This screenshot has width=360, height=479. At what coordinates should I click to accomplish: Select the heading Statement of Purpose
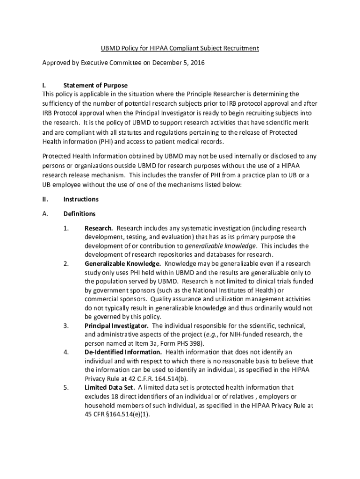click(x=95, y=85)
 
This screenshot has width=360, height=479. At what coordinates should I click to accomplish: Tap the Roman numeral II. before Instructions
click(x=45, y=199)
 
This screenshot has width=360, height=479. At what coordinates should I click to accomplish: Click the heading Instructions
click(x=81, y=199)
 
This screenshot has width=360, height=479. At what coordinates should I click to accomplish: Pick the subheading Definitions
click(x=79, y=214)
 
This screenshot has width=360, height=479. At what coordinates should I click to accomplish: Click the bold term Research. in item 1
click(x=99, y=228)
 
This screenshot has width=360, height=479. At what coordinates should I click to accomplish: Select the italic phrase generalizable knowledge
click(x=221, y=246)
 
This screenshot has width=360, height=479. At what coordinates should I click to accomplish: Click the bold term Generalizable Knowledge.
click(x=122, y=263)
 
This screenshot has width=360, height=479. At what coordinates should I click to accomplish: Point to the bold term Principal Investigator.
click(x=117, y=326)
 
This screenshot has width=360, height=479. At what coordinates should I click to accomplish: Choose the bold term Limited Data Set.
click(x=110, y=387)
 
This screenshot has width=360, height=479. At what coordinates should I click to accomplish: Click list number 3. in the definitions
click(x=66, y=326)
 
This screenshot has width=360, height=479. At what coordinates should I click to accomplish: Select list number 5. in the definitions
click(x=66, y=387)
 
